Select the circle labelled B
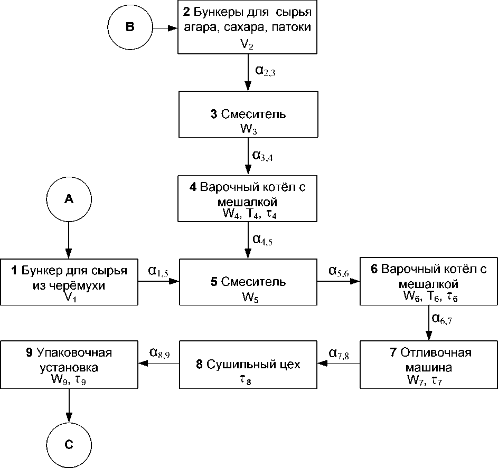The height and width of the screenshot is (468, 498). click(x=130, y=27)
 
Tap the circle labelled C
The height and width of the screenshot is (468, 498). click(x=69, y=444)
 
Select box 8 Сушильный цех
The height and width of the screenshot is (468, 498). click(x=248, y=365)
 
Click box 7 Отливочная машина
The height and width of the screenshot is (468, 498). click(x=428, y=365)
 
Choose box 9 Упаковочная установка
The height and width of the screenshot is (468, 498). click(x=69, y=365)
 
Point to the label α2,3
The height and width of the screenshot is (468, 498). click(x=265, y=70)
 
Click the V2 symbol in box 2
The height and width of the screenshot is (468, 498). click(x=247, y=44)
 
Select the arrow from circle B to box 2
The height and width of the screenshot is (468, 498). click(x=164, y=27)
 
